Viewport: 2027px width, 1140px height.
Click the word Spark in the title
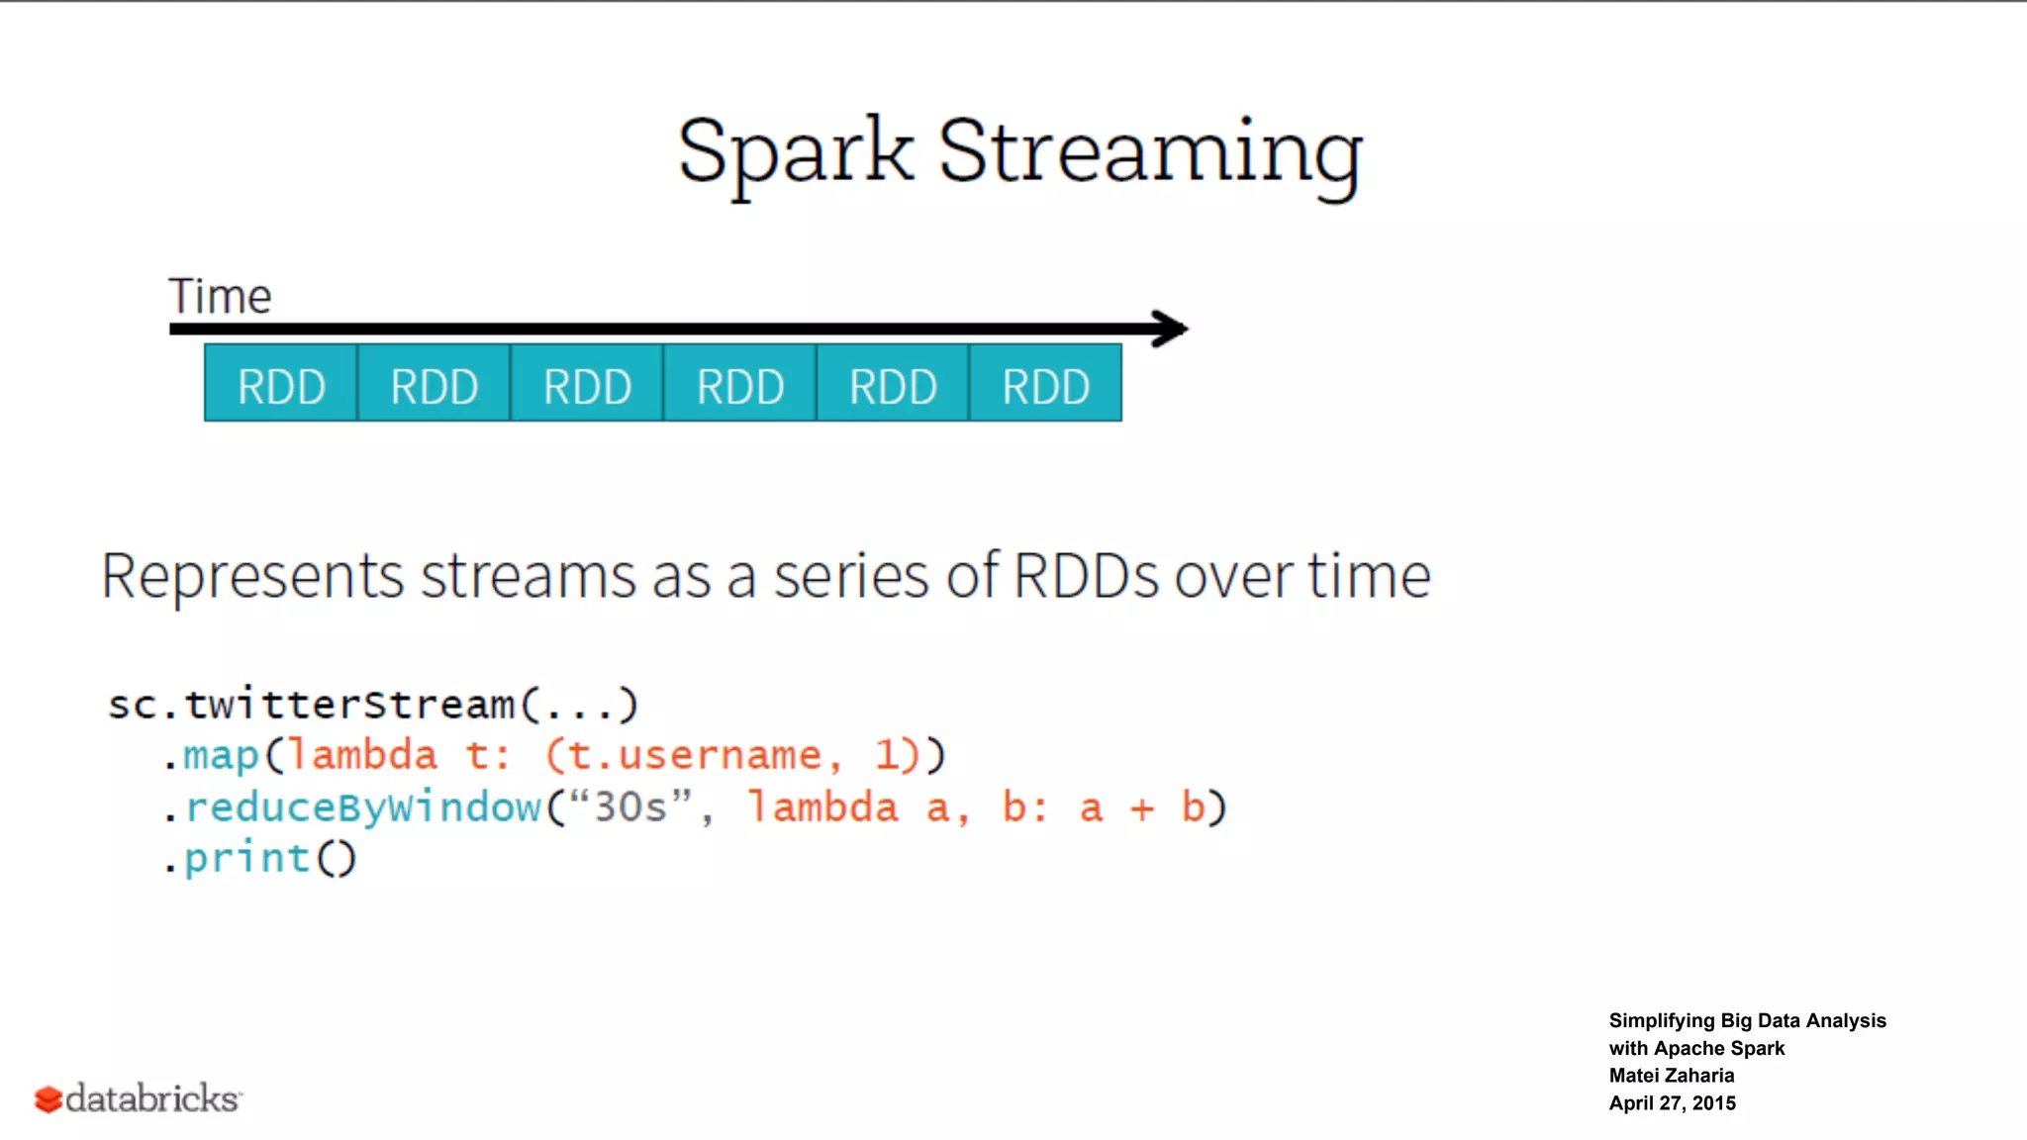point(795,152)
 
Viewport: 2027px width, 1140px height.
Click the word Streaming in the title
point(1150,152)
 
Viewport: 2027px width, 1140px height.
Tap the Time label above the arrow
point(220,296)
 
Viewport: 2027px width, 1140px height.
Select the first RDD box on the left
point(281,384)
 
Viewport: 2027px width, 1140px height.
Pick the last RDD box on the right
point(1046,384)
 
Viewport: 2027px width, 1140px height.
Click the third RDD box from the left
point(587,384)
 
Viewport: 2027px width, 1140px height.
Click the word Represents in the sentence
point(252,576)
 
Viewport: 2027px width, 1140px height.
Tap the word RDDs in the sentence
point(1086,575)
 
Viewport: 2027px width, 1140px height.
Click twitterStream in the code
point(349,705)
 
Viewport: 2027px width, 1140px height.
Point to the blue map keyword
point(221,756)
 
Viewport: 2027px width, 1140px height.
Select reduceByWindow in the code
point(363,807)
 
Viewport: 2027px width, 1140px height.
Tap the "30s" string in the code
point(630,807)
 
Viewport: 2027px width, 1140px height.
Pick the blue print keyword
point(247,858)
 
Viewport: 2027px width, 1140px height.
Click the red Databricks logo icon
point(48,1099)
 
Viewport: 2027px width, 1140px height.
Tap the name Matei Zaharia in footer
point(1671,1076)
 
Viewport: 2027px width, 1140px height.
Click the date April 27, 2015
point(1672,1103)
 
